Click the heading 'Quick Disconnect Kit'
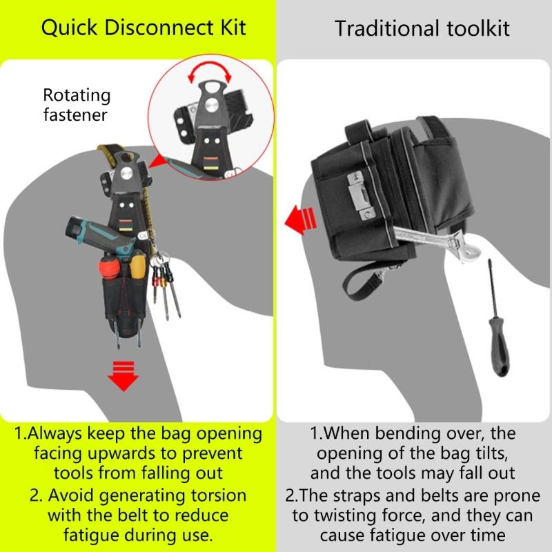(x=143, y=28)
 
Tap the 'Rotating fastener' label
(x=76, y=104)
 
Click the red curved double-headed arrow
(x=208, y=71)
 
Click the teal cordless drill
(x=103, y=238)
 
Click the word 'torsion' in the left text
(x=223, y=495)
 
